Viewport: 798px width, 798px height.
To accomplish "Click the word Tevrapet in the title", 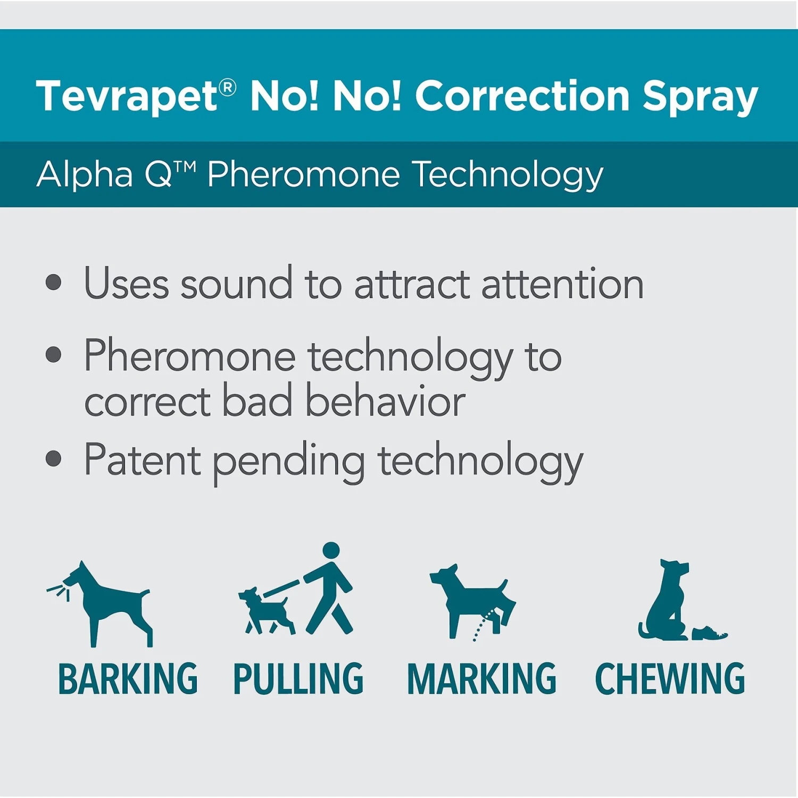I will pos(127,96).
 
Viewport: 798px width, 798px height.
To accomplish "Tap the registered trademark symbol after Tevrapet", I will pos(227,87).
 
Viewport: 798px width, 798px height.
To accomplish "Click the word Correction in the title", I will pos(522,96).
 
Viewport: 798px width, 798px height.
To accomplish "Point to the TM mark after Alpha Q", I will pos(185,167).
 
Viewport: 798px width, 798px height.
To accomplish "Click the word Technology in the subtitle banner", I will pos(508,174).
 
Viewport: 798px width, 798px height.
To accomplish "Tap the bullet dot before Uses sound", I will pos(53,282).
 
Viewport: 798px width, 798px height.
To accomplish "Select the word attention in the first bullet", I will pos(562,284).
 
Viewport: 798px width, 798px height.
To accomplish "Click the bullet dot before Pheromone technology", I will pos(53,354).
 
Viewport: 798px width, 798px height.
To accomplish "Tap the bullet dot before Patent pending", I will pos(53,459).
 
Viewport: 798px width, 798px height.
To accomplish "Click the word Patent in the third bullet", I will pos(142,460).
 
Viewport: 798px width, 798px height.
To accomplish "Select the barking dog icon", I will pos(106,604).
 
